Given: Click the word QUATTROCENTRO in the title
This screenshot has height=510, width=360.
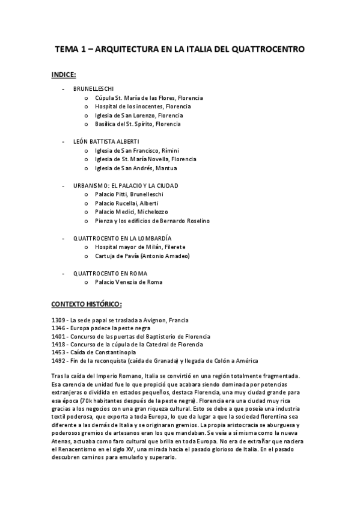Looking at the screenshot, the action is pyautogui.click(x=268, y=48).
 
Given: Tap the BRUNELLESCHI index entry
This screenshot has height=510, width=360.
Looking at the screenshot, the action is pyautogui.click(x=93, y=88).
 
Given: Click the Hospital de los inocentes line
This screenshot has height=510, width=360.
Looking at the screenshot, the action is pyautogui.click(x=135, y=106).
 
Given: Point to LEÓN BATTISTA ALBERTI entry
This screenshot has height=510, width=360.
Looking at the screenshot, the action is pyautogui.click(x=106, y=141).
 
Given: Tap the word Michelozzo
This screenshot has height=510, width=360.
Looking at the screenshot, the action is pyautogui.click(x=154, y=212).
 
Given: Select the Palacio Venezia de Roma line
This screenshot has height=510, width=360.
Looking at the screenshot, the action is pyautogui.click(x=129, y=282).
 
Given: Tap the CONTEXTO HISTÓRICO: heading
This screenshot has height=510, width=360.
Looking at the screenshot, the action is pyautogui.click(x=87, y=304).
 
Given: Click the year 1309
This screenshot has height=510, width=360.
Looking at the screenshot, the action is pyautogui.click(x=59, y=319).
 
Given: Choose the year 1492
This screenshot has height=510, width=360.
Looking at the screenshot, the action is pyautogui.click(x=59, y=361).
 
